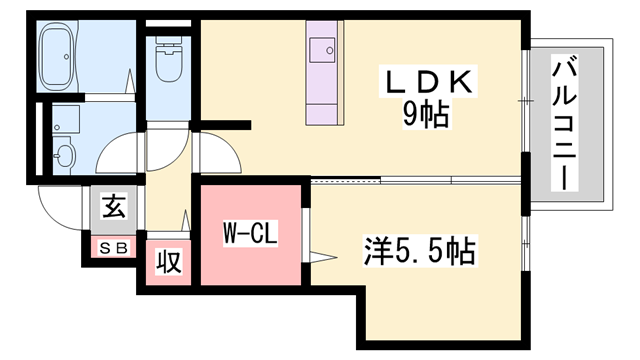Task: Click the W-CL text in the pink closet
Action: click(248, 236)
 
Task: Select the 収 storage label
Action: click(168, 262)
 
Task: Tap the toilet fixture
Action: click(169, 63)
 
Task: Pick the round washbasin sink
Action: click(65, 156)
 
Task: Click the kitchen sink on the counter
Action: click(325, 48)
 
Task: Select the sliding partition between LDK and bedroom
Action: click(415, 181)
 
